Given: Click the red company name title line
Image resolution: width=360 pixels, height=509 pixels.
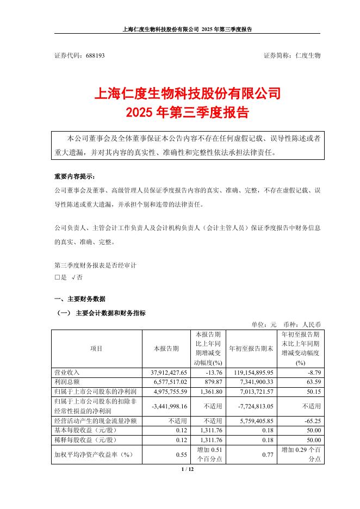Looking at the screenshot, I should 188,94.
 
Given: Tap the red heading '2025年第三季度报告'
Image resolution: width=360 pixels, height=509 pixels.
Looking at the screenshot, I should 188,113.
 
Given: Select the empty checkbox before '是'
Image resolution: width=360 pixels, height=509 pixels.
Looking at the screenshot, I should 57,277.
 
